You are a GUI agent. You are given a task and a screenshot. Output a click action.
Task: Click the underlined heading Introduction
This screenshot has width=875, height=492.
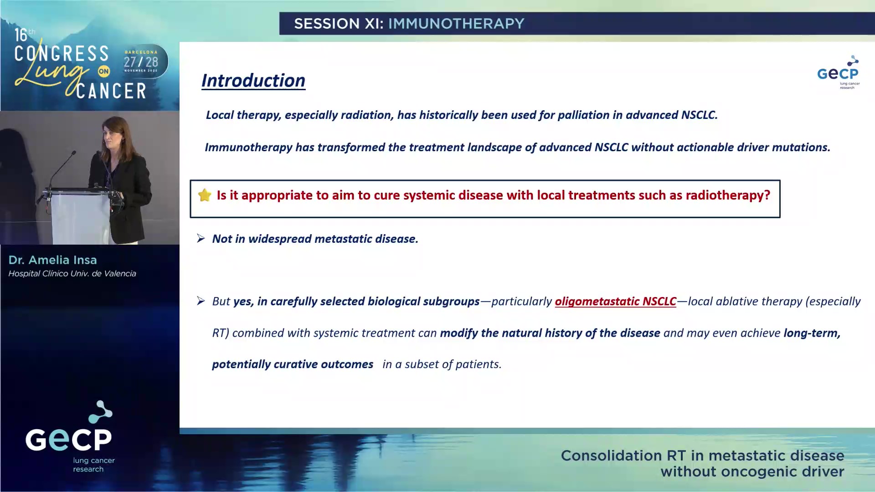[253, 81]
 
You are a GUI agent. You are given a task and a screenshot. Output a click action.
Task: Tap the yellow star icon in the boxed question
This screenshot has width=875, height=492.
[205, 195]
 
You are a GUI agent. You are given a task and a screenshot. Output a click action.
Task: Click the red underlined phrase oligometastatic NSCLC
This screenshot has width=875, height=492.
[615, 301]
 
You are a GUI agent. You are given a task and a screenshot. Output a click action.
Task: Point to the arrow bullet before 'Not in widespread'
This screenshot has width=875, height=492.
[201, 238]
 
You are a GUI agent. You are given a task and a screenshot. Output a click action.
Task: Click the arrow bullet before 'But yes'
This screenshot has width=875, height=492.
[201, 301]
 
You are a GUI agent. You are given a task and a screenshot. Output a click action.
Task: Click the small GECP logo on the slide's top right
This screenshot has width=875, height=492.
[839, 72]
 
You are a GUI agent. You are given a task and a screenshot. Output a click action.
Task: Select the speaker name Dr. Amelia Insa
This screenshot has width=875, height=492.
[52, 260]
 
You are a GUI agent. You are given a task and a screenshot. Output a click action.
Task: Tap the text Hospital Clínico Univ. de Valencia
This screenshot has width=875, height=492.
[72, 274]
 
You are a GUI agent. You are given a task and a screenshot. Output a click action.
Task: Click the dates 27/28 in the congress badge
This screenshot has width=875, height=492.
[141, 62]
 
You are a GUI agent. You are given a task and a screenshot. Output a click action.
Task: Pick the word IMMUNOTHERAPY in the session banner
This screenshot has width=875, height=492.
[456, 24]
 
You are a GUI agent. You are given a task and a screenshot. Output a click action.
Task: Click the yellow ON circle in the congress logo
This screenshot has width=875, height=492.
[104, 71]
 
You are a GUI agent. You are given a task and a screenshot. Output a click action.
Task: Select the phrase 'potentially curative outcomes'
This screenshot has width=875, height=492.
[293, 364]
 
